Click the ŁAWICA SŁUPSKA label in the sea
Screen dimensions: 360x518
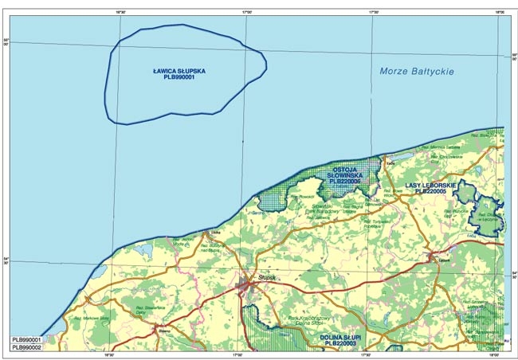coord(179,71)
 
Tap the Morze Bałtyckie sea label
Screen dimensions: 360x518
coord(416,72)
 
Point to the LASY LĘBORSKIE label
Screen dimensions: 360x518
coord(430,185)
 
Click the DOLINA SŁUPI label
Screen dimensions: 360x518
coord(343,337)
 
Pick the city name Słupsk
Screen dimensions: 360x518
coord(267,276)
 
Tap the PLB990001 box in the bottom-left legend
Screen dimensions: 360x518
coord(27,339)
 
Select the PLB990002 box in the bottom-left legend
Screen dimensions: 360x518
coord(27,348)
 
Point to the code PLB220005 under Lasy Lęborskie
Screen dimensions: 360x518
coord(430,191)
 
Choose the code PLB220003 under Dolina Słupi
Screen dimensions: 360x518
coord(343,343)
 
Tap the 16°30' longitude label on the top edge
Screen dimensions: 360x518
coord(122,13)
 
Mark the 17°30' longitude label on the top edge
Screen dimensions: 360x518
coord(373,13)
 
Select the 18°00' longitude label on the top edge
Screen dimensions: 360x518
coord(500,13)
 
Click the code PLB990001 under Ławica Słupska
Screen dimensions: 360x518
coord(179,78)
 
